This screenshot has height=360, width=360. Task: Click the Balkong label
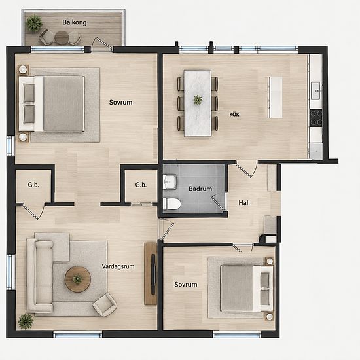click(75, 22)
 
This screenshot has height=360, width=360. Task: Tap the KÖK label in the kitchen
click(234, 114)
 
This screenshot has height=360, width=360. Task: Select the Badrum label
click(200, 189)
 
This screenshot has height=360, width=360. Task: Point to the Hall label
click(244, 202)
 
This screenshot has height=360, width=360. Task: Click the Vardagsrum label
click(118, 266)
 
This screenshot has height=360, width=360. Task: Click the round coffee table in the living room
click(78, 279)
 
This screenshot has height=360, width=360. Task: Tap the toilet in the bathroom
click(171, 204)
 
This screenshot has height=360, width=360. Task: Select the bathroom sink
click(170, 182)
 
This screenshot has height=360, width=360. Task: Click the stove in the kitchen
click(316, 118)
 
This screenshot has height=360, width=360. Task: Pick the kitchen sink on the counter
click(316, 91)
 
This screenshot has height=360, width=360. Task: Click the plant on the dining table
click(198, 99)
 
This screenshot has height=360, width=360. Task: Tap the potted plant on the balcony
click(34, 23)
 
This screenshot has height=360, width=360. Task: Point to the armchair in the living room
click(105, 304)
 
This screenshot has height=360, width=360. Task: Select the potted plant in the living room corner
click(26, 321)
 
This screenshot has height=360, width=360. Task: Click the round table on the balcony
click(62, 37)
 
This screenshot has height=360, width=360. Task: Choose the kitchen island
click(275, 98)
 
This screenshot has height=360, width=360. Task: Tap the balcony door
click(103, 43)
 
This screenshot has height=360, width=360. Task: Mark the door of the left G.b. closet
click(34, 211)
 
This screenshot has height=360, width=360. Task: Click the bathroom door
click(219, 202)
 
